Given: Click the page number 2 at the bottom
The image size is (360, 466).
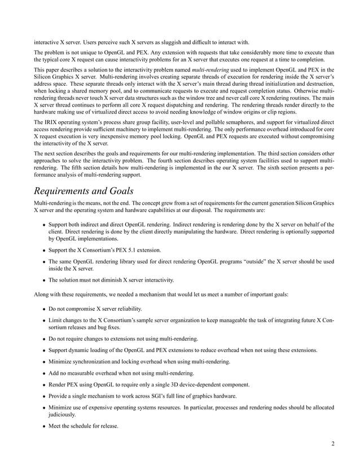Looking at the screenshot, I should (333, 443).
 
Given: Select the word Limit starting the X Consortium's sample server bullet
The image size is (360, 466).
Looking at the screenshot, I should (55, 320).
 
